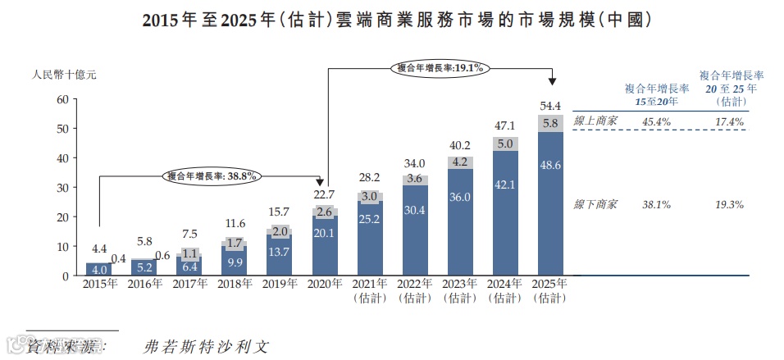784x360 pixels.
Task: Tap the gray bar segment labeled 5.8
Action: coord(550,123)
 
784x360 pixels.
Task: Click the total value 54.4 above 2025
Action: coord(550,106)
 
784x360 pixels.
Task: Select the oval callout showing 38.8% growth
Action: coord(212,175)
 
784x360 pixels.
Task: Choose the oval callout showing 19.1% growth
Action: coord(440,68)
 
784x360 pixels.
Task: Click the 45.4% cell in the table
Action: coord(656,121)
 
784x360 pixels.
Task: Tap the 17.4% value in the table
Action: coord(729,121)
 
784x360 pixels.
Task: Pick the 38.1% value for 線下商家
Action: coord(656,203)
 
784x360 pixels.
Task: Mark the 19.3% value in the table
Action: coord(729,203)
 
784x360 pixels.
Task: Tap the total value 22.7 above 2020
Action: coord(324,194)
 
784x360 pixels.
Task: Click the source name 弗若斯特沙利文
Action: coord(205,346)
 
